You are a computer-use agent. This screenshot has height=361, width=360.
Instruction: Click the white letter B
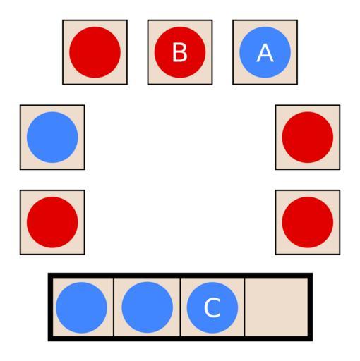[180, 52]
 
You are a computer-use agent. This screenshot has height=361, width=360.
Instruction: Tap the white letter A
[265, 53]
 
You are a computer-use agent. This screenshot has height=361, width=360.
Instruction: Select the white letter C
[212, 307]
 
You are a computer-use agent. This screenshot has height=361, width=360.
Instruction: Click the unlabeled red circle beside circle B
[95, 52]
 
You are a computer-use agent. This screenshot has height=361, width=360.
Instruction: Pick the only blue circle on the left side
[52, 137]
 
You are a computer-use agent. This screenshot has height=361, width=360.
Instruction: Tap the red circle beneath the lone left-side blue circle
[52, 222]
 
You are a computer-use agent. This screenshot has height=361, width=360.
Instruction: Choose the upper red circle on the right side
[308, 137]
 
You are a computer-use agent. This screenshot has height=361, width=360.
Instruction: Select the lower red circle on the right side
[308, 222]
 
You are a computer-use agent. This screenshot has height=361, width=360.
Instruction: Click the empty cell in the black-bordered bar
[276, 307]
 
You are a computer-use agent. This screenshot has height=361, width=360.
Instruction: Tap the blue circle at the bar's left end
[81, 307]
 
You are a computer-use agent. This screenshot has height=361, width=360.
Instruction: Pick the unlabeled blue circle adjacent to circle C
[147, 307]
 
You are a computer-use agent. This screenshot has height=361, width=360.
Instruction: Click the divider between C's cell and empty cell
[245, 307]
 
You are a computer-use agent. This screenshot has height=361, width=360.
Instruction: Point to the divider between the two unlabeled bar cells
[114, 307]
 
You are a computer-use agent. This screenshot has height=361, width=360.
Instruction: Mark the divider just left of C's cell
[180, 307]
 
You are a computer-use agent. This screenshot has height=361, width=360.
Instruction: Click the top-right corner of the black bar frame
[313, 273]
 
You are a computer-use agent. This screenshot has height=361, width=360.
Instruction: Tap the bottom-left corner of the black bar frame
[48, 341]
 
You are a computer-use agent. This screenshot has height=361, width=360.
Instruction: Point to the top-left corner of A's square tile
[233, 20]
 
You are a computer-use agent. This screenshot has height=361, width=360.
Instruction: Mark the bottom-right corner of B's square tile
[212, 84]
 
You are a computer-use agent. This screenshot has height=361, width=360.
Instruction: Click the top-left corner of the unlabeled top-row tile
[63, 20]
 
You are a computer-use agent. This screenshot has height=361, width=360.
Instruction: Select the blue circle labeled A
[265, 52]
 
